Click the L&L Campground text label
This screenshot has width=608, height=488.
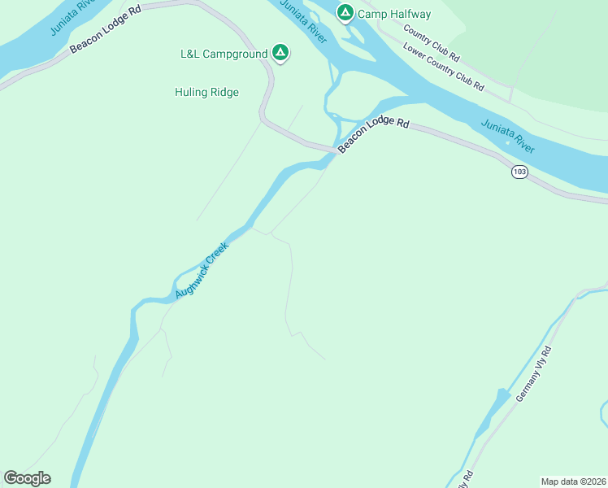point(224,54)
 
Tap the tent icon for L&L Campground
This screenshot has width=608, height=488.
point(280,54)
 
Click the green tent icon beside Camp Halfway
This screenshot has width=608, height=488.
point(345,13)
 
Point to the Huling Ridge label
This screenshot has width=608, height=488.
point(206,92)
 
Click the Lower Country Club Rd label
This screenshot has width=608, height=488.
point(444,65)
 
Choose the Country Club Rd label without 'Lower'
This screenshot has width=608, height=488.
point(432,46)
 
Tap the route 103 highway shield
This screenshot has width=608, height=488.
point(519,172)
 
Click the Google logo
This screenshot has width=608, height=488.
point(27,478)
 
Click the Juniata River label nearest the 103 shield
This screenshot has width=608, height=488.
point(507,134)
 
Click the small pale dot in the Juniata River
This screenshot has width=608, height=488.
point(507,143)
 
